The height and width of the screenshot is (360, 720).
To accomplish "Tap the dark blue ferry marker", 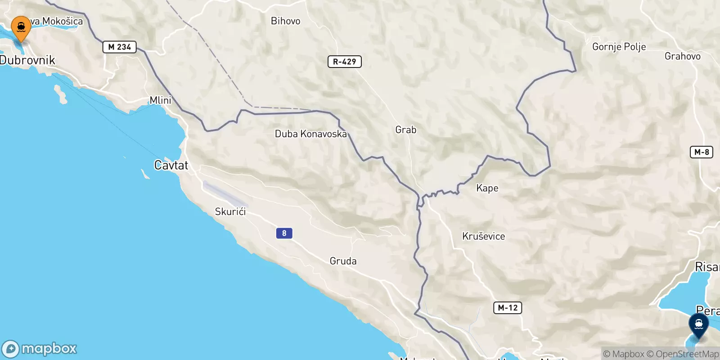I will pos(698,325).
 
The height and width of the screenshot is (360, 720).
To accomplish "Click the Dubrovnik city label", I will pos(27,60).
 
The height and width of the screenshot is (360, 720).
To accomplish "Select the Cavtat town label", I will pos(171,166).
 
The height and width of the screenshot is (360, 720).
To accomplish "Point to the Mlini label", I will pos(161,100).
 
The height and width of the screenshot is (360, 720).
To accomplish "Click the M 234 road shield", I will pos(119,47).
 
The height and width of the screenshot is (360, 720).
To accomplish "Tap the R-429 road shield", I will pos(344,62).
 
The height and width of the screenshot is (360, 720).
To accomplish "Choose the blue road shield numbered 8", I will pos(284,233).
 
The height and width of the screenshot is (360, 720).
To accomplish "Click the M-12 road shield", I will pos(508,308).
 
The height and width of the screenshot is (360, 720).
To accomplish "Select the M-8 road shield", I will pos(701,152).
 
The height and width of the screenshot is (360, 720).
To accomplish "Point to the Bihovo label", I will pos(285,21).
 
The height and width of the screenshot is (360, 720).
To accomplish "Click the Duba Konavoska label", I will pos(310,134).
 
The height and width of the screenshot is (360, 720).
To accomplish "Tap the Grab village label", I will pos(405,130).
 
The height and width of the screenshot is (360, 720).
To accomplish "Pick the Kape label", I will pos(487,188).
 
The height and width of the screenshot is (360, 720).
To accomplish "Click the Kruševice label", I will pos(483,236).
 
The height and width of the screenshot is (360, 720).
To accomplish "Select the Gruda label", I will pos(343,261).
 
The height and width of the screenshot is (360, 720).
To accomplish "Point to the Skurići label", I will pos(230,211).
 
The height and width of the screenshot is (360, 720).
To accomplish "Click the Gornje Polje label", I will pos(619,47).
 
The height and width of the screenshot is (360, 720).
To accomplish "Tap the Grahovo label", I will pos(682,56).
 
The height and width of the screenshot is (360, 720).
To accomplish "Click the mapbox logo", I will pos(40,349).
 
